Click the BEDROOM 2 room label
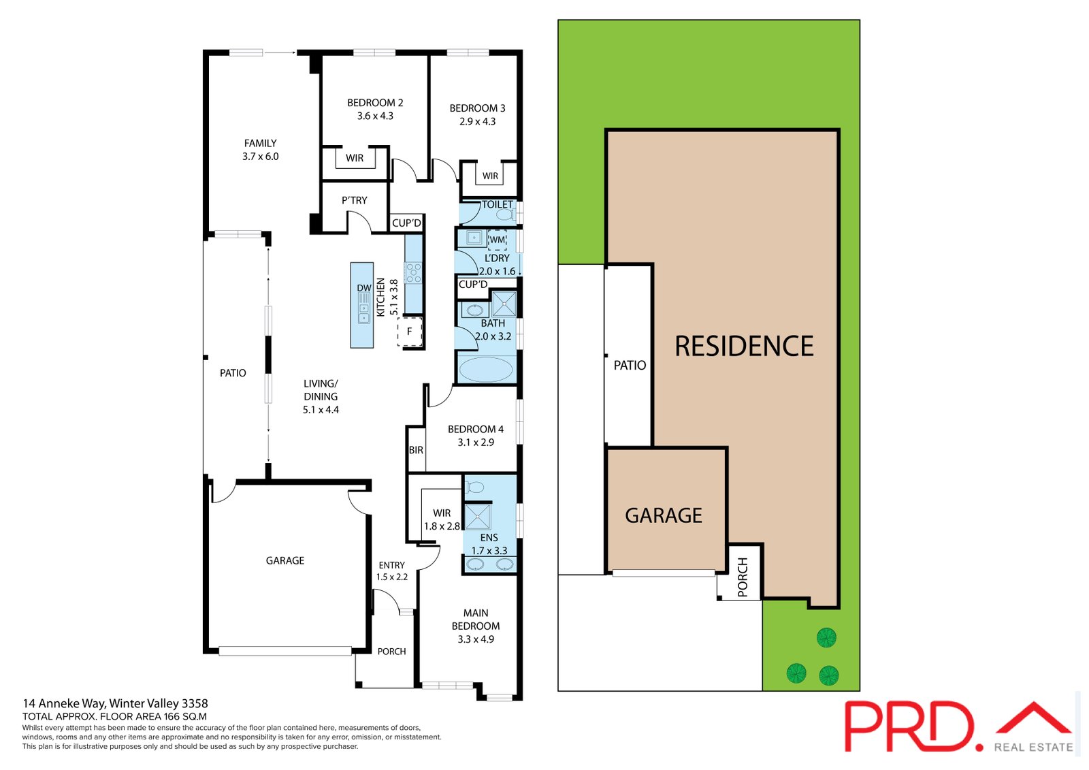click(375, 103)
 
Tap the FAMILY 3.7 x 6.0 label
click(260, 150)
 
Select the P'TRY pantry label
click(354, 200)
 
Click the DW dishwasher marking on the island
click(364, 288)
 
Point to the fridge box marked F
click(410, 332)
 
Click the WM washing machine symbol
click(498, 240)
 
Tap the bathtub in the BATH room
click(486, 370)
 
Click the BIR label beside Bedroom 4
click(416, 450)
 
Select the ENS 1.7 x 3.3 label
click(489, 544)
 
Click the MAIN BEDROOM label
click(476, 620)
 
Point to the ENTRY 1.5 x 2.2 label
click(391, 571)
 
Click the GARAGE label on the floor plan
click(285, 560)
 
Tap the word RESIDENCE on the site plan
click(744, 346)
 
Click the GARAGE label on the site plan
click(664, 515)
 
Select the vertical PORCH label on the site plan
click(743, 577)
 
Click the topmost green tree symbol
click(826, 638)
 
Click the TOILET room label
click(498, 204)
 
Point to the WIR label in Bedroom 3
click(490, 176)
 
